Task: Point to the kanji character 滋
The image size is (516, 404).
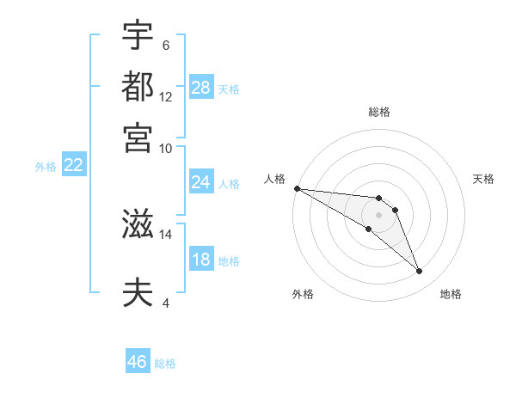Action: (138, 225)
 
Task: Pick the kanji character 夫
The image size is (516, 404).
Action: (138, 292)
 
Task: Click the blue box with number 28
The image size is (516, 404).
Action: (201, 87)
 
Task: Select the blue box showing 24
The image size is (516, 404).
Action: (201, 182)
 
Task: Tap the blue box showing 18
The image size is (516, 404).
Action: (201, 260)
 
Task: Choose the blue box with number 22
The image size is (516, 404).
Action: (73, 165)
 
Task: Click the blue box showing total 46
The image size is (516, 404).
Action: (138, 362)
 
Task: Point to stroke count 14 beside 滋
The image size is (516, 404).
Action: (166, 234)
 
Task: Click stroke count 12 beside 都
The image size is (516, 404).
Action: (166, 96)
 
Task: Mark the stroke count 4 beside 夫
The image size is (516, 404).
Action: (166, 302)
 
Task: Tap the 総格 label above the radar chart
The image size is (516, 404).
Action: (379, 112)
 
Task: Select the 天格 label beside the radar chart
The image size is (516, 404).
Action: (483, 179)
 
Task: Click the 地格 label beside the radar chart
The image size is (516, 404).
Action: (451, 294)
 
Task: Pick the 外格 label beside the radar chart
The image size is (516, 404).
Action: (303, 294)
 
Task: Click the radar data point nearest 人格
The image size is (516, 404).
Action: (297, 188)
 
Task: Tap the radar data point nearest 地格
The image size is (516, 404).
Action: (420, 272)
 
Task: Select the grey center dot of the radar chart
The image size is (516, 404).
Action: (379, 214)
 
